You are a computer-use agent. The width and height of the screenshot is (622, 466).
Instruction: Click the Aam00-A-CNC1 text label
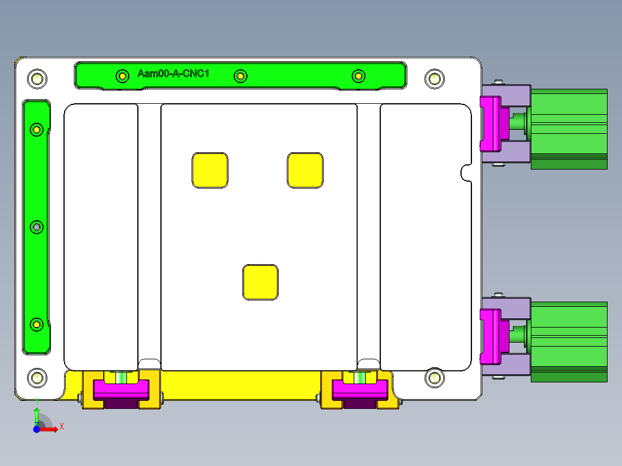point(173,74)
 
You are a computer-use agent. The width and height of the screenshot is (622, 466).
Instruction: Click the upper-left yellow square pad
point(210,170)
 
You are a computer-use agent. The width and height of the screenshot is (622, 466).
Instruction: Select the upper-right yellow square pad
point(305,170)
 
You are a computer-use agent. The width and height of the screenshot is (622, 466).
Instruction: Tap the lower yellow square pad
point(261,282)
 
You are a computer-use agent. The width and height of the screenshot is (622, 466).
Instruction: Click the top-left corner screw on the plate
point(38,78)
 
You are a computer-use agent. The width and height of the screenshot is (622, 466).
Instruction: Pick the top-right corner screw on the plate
point(433,78)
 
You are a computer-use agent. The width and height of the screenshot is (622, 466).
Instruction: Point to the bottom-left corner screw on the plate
point(38,378)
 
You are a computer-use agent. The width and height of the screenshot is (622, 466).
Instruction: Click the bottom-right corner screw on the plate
point(433,378)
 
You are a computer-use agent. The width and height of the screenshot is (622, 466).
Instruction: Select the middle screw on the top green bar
point(241,76)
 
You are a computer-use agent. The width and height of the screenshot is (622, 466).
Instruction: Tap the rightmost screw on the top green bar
point(358,76)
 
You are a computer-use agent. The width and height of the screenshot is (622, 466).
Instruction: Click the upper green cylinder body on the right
point(569,128)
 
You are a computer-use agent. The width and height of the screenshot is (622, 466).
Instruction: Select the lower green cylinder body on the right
point(569,340)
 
